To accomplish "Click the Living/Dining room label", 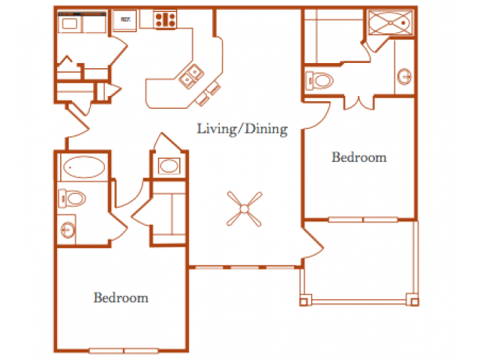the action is [x=242, y=129].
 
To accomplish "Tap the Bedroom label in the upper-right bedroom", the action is [x=359, y=157].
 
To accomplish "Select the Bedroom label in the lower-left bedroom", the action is [x=121, y=298].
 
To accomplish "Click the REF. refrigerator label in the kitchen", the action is [x=125, y=19].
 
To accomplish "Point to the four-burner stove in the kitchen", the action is [x=165, y=19].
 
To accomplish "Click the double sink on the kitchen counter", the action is [x=191, y=76].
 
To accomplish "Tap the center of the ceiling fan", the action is [x=244, y=209].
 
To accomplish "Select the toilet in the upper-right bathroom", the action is [x=319, y=81].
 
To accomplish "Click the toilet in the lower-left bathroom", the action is [x=72, y=198].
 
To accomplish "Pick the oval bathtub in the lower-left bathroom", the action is [x=84, y=167].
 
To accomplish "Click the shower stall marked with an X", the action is [x=391, y=22].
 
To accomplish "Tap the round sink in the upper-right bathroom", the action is [x=405, y=76].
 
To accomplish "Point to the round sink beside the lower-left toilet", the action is [x=68, y=229].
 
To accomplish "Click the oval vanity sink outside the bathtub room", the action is [x=169, y=166].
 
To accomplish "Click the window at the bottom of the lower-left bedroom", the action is [x=124, y=350].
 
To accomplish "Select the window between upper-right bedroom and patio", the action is [x=363, y=220].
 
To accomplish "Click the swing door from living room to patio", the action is [x=313, y=243].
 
